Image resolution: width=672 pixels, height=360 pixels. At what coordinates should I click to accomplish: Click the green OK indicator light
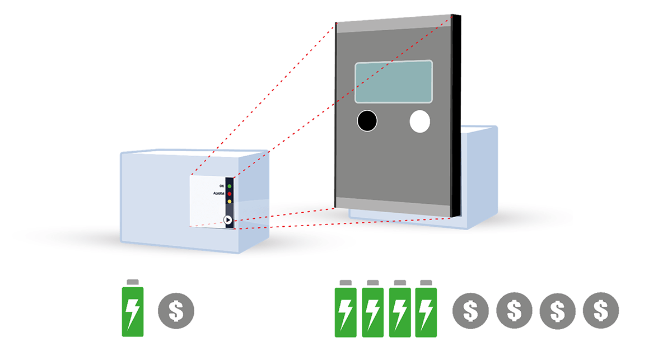[229, 185]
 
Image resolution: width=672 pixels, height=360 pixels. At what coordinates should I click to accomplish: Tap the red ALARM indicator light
[229, 193]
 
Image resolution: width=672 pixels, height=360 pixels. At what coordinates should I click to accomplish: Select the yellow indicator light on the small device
[229, 201]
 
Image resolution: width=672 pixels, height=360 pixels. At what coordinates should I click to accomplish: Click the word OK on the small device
[221, 185]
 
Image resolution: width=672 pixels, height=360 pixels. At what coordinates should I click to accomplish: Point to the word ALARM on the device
[218, 193]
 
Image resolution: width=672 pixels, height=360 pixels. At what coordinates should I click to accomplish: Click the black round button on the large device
[367, 121]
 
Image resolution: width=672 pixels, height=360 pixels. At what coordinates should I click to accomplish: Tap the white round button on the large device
[420, 121]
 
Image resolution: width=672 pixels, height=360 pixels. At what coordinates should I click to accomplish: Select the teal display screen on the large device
[394, 82]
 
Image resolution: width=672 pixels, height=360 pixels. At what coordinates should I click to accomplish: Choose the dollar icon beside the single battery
[176, 309]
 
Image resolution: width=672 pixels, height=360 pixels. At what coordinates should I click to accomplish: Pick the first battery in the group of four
[346, 311]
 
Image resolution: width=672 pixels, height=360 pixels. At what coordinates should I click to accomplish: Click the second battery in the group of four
[372, 311]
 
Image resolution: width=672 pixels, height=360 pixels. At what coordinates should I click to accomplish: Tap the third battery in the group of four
[399, 311]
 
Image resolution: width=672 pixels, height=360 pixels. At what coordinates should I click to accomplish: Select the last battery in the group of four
[426, 311]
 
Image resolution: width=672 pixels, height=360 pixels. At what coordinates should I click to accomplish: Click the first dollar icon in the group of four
[470, 310]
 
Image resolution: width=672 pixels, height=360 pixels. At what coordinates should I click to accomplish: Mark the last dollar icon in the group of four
[601, 310]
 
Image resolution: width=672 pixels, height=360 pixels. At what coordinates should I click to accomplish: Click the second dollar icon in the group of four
[514, 310]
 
